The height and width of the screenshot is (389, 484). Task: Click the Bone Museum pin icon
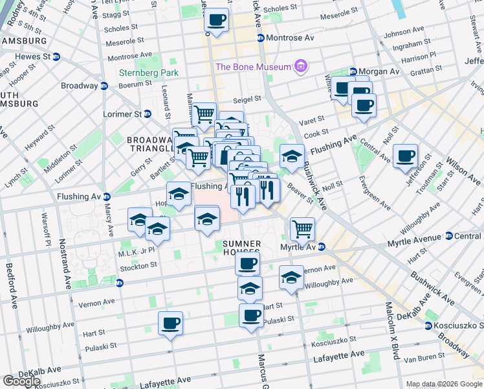pos(300,66)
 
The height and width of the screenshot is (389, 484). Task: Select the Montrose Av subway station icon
pos(261,38)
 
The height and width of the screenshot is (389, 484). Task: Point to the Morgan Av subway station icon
pos(353,71)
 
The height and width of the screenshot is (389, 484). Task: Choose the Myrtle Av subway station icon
pos(322,247)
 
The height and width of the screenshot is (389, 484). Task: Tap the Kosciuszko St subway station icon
pos(428,325)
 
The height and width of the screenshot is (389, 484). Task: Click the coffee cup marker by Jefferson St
pos(405,156)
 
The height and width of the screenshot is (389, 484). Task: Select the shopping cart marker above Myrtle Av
pos(302,228)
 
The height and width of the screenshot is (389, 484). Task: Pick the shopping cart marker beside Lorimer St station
pos(204,115)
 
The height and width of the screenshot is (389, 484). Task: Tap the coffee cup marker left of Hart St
pos(170,323)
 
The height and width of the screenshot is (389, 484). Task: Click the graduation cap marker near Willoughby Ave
pos(292,277)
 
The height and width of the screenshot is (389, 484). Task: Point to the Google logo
pos(21,381)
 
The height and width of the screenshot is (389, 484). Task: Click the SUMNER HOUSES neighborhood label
pos(241,248)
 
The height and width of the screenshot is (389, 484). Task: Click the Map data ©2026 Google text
pos(444,384)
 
